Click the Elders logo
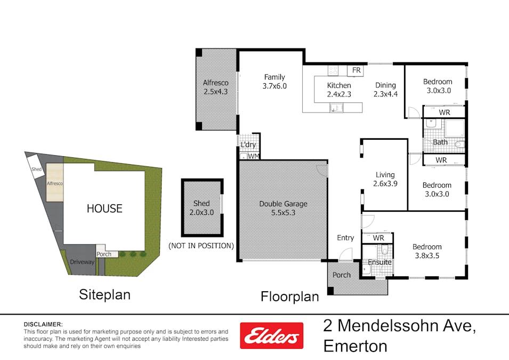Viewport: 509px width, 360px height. point(271,335)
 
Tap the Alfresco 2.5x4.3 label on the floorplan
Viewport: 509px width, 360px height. point(215,87)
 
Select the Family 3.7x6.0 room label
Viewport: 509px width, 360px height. point(274,81)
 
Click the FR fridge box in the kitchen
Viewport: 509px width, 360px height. point(356,70)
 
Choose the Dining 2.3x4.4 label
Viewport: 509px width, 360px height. point(385,90)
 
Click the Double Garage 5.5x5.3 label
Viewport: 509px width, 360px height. point(283,208)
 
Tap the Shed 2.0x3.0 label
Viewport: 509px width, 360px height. point(201,207)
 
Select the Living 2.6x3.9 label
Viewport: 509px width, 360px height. point(385,179)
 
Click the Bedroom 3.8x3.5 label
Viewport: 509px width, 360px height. point(427,251)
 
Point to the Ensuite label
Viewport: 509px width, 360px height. point(379,262)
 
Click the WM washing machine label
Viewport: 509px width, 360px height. point(253,156)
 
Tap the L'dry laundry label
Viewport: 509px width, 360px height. point(248,145)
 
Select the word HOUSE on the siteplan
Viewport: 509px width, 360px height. point(104,209)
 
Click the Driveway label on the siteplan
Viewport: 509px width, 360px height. point(82,262)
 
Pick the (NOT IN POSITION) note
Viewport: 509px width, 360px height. point(201,246)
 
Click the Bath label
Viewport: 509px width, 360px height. point(440,142)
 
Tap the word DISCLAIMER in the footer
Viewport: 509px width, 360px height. point(43,324)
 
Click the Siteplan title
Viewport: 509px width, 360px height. point(104,294)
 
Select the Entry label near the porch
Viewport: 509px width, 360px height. point(345,238)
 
